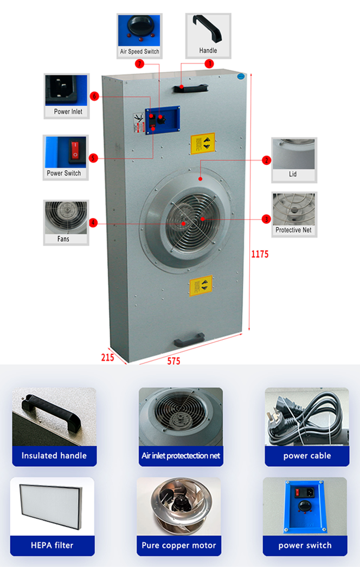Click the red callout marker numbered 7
(140, 64)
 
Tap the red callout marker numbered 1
(209, 64)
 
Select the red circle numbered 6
(94, 96)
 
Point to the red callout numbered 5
(93, 158)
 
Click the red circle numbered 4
(93, 223)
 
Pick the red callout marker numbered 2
(267, 160)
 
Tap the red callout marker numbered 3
(267, 219)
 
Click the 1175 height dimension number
(260, 255)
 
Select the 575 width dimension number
(173, 361)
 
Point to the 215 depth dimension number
(107, 358)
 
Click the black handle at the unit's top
(191, 88)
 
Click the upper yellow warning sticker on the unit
(203, 143)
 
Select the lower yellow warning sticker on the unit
(201, 286)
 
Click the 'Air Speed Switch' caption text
(140, 51)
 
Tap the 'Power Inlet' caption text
(68, 112)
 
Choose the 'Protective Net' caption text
(293, 230)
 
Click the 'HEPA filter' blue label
(52, 545)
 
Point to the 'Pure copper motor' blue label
(179, 545)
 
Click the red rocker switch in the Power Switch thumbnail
(74, 150)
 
